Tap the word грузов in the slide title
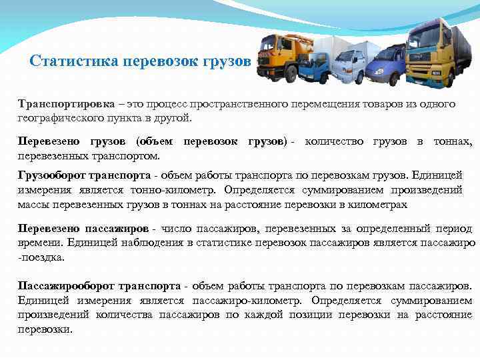(x=231, y=61)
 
